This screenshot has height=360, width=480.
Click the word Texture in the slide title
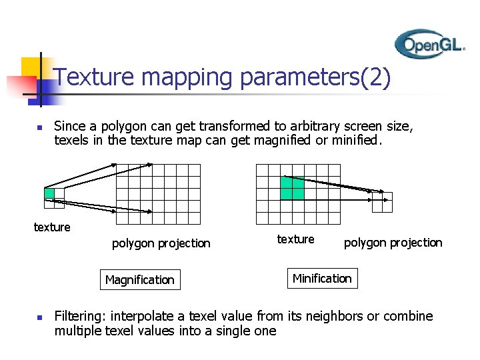(95, 78)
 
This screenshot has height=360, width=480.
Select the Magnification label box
(139, 279)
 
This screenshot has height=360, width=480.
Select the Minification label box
(322, 278)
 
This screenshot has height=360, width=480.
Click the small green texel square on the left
(49, 193)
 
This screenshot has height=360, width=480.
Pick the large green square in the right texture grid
(292, 188)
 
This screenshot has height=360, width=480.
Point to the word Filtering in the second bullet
(79, 316)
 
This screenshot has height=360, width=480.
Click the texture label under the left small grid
(52, 227)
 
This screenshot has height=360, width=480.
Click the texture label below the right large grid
(295, 239)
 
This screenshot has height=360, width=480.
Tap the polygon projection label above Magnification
(161, 243)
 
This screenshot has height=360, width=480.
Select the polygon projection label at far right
(393, 243)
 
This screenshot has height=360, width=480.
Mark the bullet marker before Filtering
(39, 317)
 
